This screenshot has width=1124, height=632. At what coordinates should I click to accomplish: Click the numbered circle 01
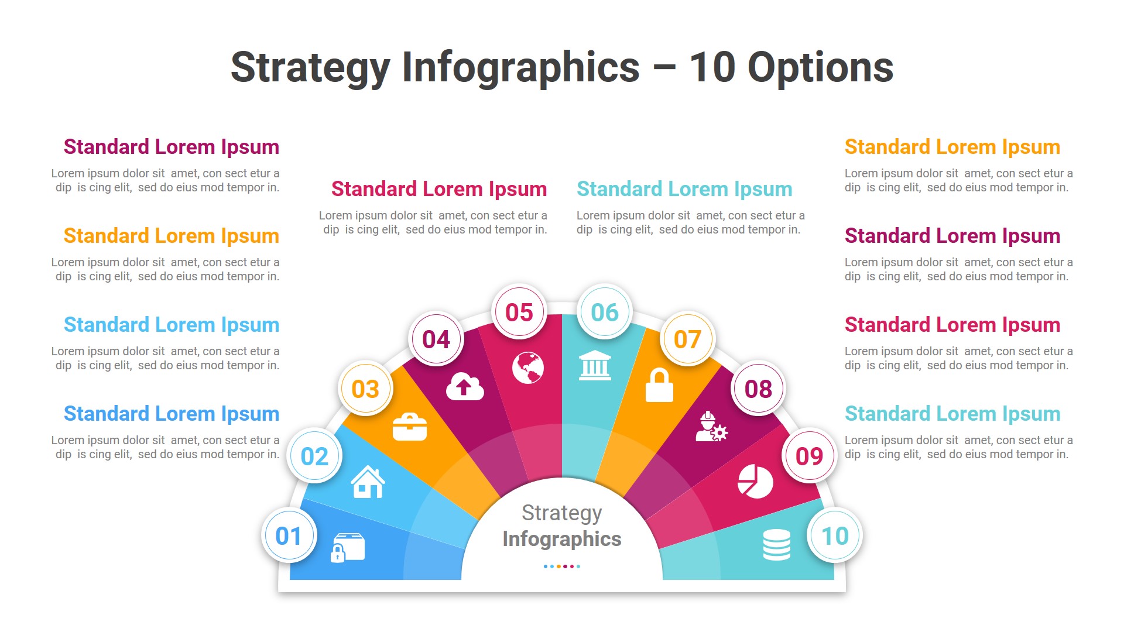pyautogui.click(x=289, y=535)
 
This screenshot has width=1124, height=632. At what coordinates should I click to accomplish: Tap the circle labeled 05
pyautogui.click(x=519, y=312)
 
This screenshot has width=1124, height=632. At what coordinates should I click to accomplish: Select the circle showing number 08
pyautogui.click(x=758, y=389)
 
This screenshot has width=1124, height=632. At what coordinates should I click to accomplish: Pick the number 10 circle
pyautogui.click(x=835, y=535)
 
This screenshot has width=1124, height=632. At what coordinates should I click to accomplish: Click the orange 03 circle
pyautogui.click(x=365, y=389)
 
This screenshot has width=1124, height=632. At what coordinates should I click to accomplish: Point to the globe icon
pyautogui.click(x=527, y=367)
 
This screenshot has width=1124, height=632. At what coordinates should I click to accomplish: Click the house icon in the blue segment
pyautogui.click(x=368, y=482)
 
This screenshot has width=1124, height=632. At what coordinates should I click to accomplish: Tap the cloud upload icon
pyautogui.click(x=465, y=386)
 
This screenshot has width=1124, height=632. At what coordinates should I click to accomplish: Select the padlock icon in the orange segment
pyautogui.click(x=659, y=385)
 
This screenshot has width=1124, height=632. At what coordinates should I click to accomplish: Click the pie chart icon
pyautogui.click(x=755, y=481)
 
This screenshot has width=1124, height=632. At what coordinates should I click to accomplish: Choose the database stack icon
pyautogui.click(x=777, y=544)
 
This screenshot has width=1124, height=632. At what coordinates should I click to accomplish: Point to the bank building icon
pyautogui.click(x=595, y=366)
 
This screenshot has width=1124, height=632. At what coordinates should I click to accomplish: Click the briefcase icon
pyautogui.click(x=410, y=427)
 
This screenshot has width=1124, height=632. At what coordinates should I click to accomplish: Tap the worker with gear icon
pyautogui.click(x=711, y=427)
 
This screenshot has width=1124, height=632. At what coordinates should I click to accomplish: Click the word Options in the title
pyautogui.click(x=820, y=67)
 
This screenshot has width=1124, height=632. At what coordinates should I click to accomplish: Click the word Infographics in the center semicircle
pyautogui.click(x=562, y=538)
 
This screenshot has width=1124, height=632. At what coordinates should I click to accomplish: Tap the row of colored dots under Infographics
pyautogui.click(x=562, y=566)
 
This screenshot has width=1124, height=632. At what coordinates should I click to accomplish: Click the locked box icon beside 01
pyautogui.click(x=348, y=548)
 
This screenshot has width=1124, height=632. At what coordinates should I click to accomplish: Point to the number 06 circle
pyautogui.click(x=605, y=312)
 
